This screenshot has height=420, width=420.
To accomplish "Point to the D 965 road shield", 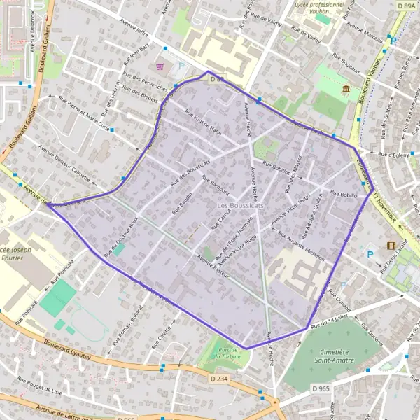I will pyautogui.click(x=321, y=388).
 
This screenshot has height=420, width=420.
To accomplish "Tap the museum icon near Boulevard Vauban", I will pyautogui.click(x=346, y=89).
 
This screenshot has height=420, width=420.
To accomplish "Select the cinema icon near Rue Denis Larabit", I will pyautogui.click(x=391, y=245).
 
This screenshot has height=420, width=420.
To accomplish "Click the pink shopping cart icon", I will pyautogui.click(x=162, y=67).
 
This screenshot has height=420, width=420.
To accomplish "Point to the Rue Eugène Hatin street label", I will pyautogui.click(x=203, y=122).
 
